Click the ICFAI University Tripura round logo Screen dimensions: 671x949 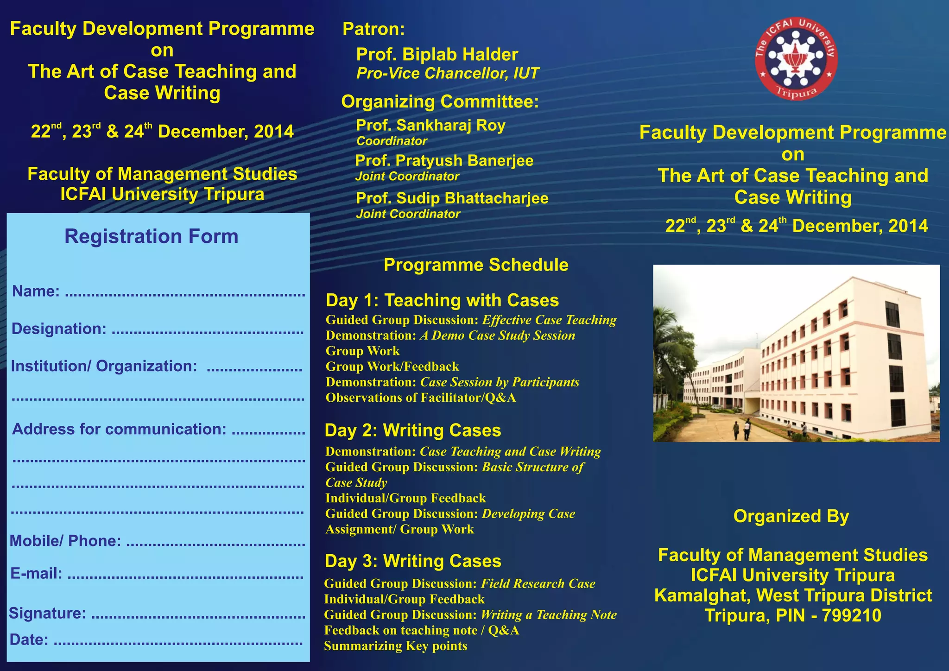point(796,58)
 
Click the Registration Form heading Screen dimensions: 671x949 point(151,236)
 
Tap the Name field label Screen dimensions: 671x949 point(36,291)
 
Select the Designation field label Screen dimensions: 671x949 point(59,329)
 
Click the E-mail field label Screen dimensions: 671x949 point(36,574)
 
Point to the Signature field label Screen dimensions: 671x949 point(47,614)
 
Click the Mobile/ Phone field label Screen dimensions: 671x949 point(65,541)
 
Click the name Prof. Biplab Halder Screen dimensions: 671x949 point(437,55)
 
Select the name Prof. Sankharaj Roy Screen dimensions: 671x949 point(430,125)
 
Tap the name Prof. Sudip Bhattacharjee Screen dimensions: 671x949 point(452,198)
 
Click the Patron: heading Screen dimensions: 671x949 point(373,29)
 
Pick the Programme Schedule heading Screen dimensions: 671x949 point(476,265)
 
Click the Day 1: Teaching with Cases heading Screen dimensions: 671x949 point(442,300)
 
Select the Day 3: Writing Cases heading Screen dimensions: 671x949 point(413,561)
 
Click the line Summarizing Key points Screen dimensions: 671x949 point(395,646)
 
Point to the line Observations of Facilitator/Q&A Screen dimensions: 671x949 point(420,398)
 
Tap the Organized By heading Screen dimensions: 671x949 point(791,516)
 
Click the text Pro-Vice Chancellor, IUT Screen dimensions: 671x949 point(447,74)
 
